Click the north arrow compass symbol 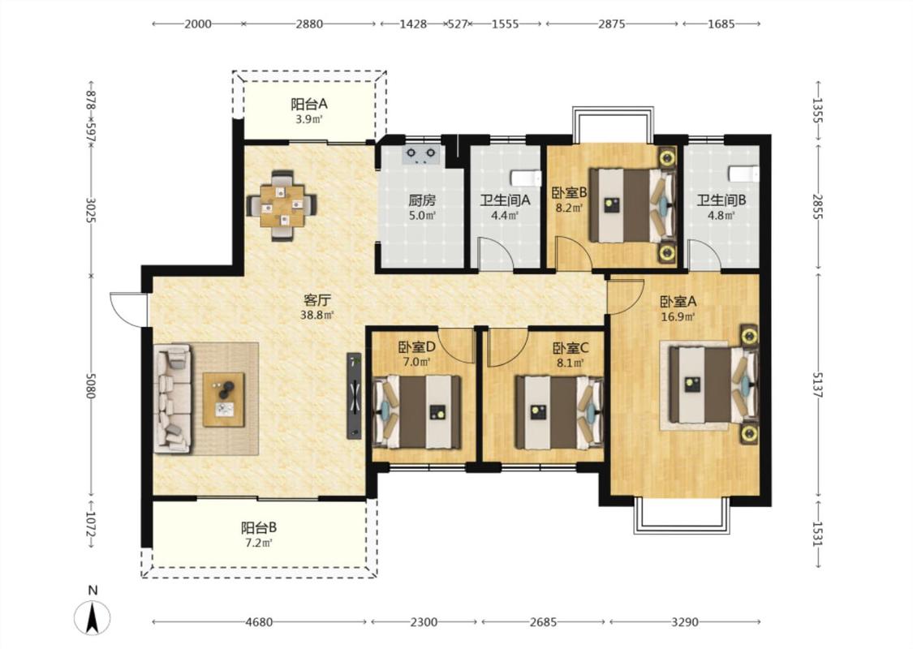tap(92, 617)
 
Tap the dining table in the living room tap(282, 205)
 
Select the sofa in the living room tap(172, 398)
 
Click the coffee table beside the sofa tap(224, 400)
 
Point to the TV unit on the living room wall tap(354, 396)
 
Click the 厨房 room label tap(422, 201)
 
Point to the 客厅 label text tap(317, 300)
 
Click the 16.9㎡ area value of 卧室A tap(678, 317)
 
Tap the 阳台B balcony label tap(259, 528)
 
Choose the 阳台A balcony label tap(309, 104)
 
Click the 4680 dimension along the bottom tap(259, 621)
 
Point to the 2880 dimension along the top tap(309, 24)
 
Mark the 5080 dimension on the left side tap(90, 385)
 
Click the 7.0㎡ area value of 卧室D tap(417, 362)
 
